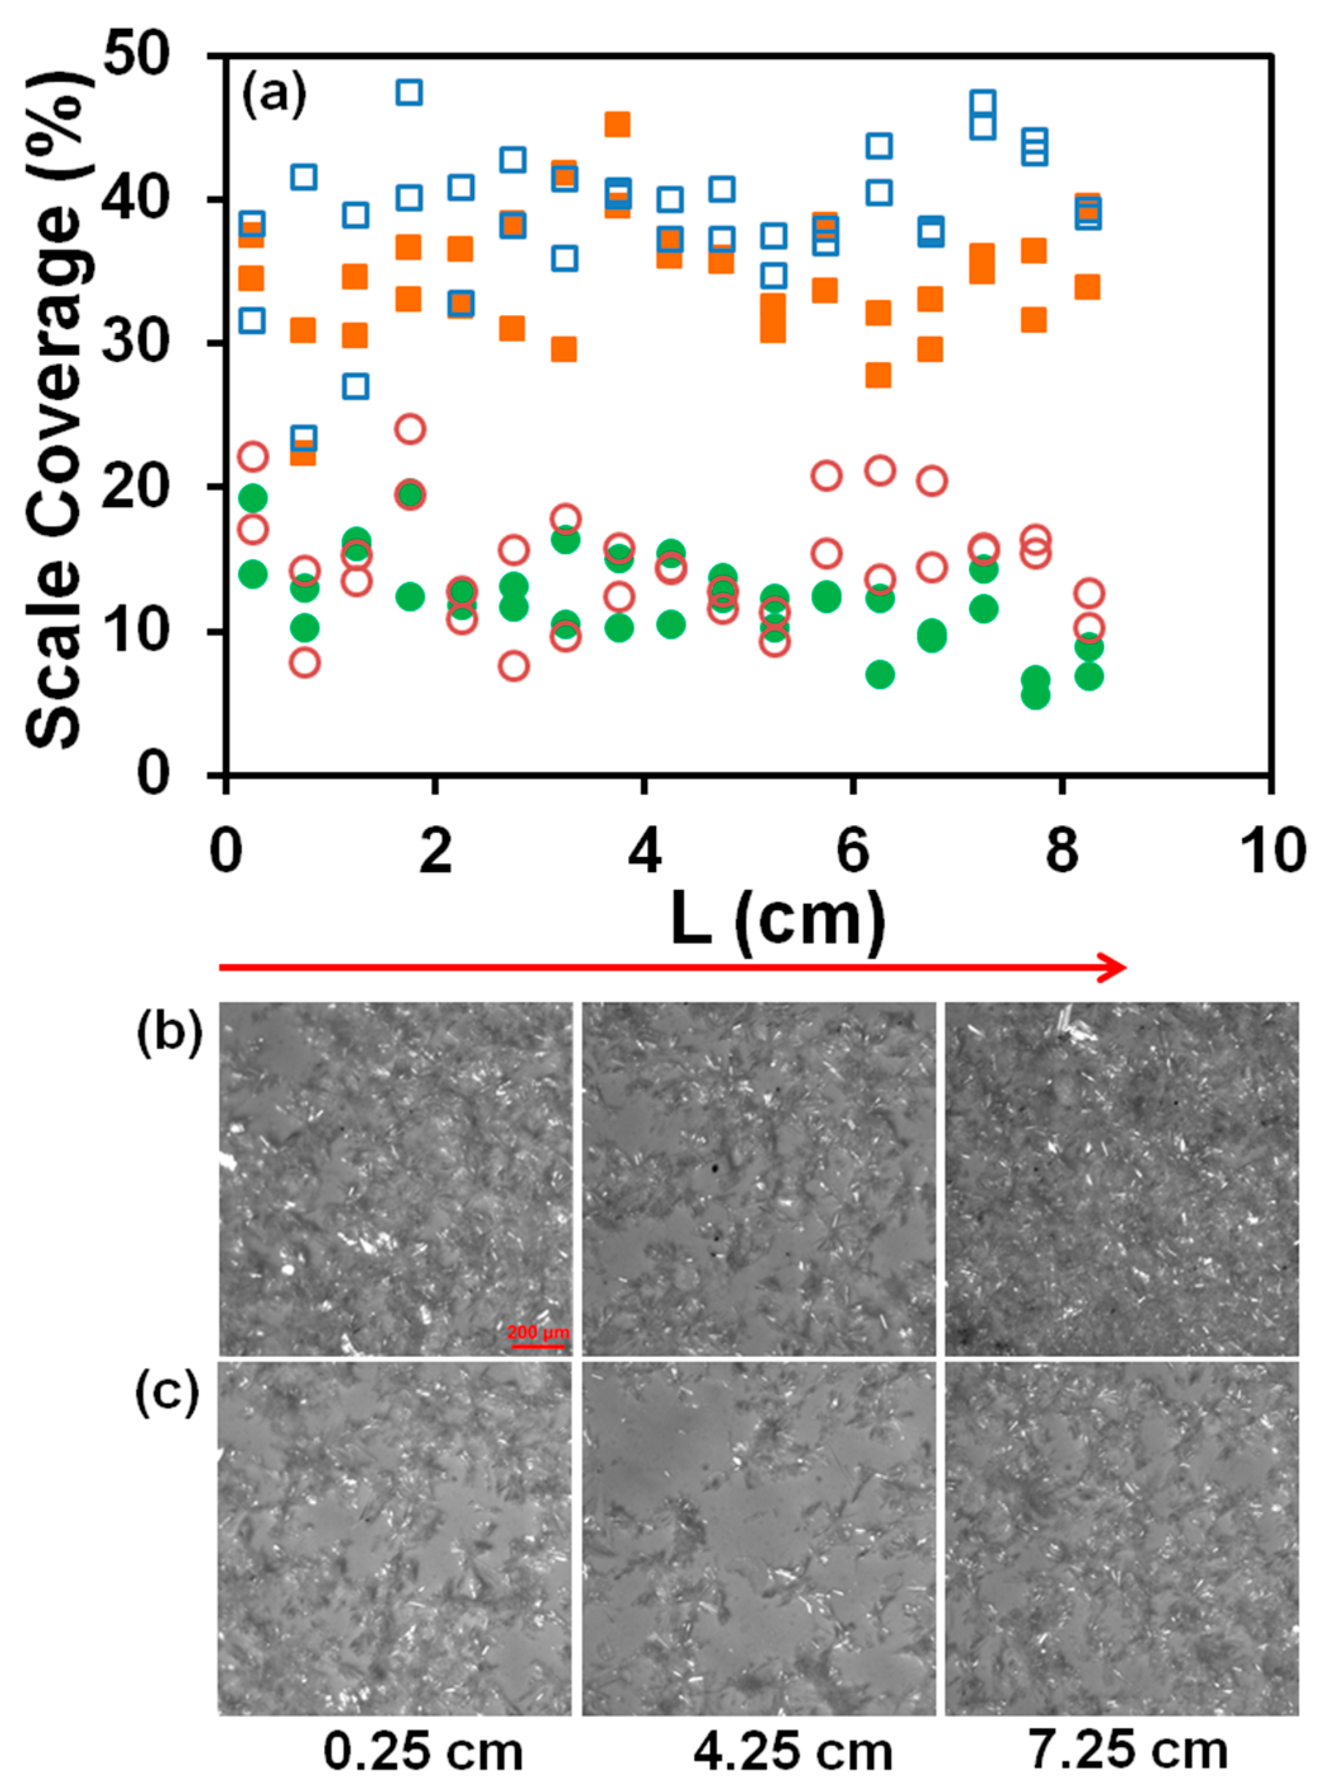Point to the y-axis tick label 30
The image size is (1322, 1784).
(x=138, y=343)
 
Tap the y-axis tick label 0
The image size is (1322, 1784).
(x=153, y=774)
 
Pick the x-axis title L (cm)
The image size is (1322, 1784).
(x=778, y=920)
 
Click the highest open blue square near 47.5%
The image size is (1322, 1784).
(x=409, y=93)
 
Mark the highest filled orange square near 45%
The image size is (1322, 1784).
(x=617, y=124)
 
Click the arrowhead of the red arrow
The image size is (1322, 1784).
(x=1115, y=967)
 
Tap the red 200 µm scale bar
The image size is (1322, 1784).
(x=538, y=1346)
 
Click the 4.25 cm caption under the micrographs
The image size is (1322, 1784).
(x=792, y=1750)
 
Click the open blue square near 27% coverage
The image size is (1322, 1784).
(x=355, y=386)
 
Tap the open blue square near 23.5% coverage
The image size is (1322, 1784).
(x=303, y=438)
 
